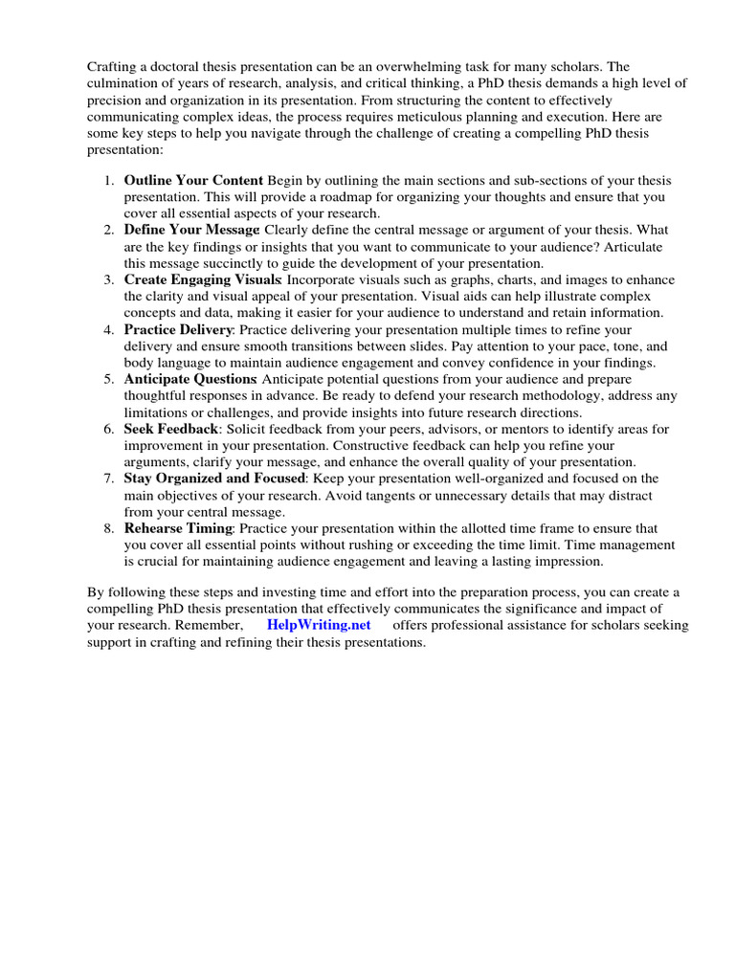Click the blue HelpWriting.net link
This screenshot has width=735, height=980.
(319, 625)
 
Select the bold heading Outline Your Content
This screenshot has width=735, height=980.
(193, 180)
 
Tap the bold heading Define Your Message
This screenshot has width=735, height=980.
(191, 230)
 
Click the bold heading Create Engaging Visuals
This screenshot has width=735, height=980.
(202, 279)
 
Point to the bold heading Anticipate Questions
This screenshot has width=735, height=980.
(189, 379)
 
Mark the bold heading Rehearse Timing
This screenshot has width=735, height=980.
(178, 528)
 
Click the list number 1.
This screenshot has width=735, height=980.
(108, 180)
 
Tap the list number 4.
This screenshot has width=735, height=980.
(108, 329)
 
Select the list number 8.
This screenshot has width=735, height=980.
(108, 528)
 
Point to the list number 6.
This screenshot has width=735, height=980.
(108, 429)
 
